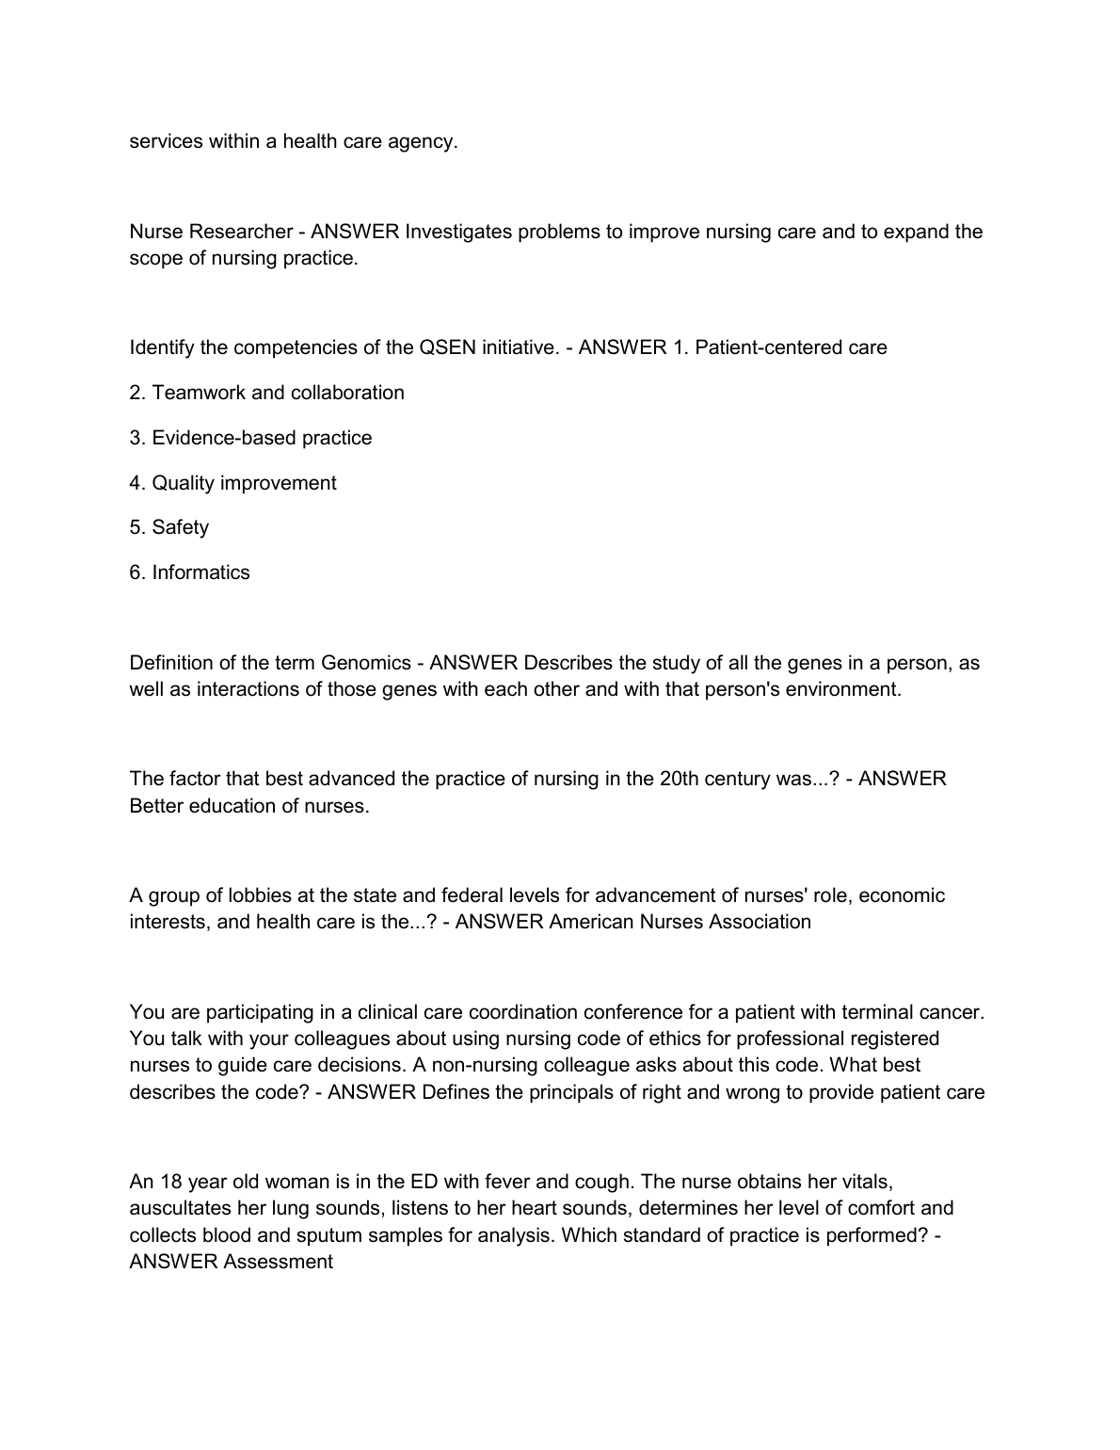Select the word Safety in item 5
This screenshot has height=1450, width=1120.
(181, 527)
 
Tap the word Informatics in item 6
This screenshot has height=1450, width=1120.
(201, 572)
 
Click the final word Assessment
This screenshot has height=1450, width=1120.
(279, 1262)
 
